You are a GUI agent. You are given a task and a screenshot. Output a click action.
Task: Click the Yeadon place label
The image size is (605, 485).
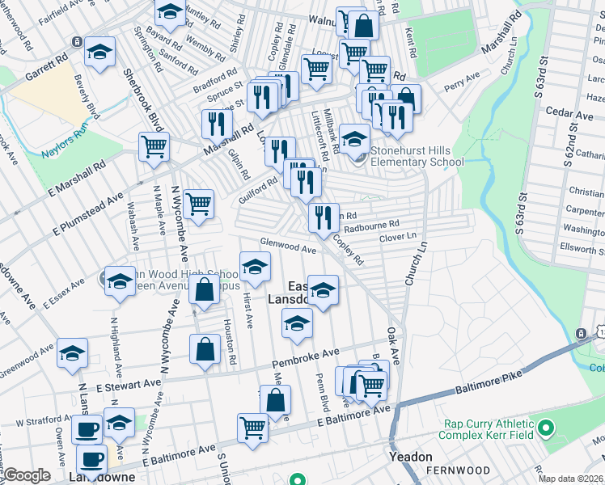tap(410, 456)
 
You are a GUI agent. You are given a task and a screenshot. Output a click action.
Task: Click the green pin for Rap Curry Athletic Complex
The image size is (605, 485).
tap(546, 427)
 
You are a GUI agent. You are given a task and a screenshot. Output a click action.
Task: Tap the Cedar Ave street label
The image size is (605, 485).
tap(569, 114)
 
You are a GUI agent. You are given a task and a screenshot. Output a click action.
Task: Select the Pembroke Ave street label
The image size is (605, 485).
tap(305, 356)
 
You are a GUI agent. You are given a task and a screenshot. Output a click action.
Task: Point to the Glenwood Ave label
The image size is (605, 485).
tap(287, 246)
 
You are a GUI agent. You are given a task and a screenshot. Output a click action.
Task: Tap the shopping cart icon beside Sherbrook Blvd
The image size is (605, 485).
tap(154, 147)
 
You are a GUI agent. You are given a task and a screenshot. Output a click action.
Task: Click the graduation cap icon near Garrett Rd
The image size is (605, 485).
tap(100, 53)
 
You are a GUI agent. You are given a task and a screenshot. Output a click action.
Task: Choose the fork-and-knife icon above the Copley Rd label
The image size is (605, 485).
tap(320, 216)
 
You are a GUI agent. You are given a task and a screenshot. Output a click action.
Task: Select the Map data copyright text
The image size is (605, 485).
tap(571, 479)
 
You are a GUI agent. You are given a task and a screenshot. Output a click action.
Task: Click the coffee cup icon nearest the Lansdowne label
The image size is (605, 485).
tap(93, 458)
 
